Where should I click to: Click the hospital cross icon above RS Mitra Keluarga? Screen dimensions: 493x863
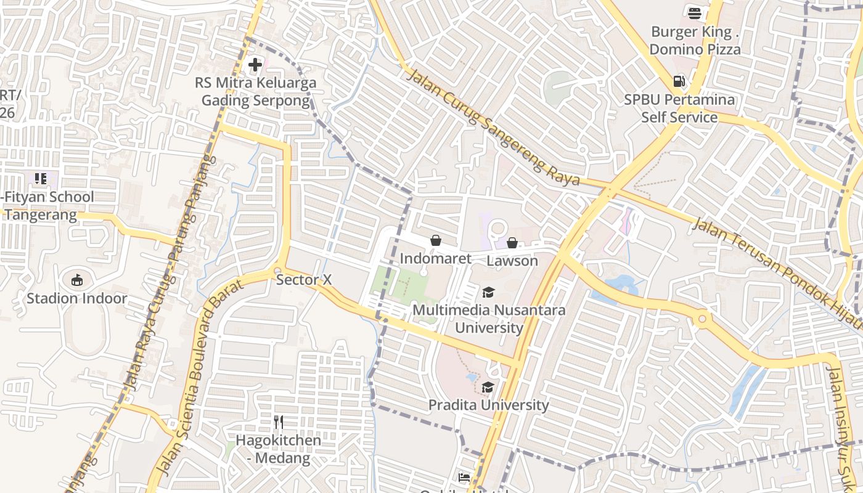click(255, 64)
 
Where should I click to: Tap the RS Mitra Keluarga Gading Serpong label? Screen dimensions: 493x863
click(256, 91)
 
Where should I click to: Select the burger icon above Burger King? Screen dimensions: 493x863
click(695, 12)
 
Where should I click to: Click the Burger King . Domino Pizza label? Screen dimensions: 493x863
click(695, 40)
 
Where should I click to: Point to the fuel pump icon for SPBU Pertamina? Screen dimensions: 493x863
click(679, 81)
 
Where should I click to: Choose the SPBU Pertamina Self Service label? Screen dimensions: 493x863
click(679, 108)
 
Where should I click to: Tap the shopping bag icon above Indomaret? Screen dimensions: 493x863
click(436, 240)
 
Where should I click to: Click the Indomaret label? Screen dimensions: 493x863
click(436, 258)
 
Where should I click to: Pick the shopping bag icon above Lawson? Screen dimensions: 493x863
click(512, 243)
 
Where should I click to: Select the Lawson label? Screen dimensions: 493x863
click(512, 261)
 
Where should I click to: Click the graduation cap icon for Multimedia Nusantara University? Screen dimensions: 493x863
click(488, 292)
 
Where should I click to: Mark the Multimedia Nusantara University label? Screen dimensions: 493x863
click(489, 319)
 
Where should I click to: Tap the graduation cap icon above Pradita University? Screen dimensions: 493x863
click(488, 387)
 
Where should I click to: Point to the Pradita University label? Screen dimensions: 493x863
click(488, 405)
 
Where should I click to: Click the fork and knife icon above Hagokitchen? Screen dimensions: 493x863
click(279, 422)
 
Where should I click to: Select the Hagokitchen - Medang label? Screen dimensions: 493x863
click(279, 449)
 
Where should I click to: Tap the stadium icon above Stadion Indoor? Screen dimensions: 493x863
click(77, 280)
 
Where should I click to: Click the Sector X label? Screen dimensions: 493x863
click(304, 280)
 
